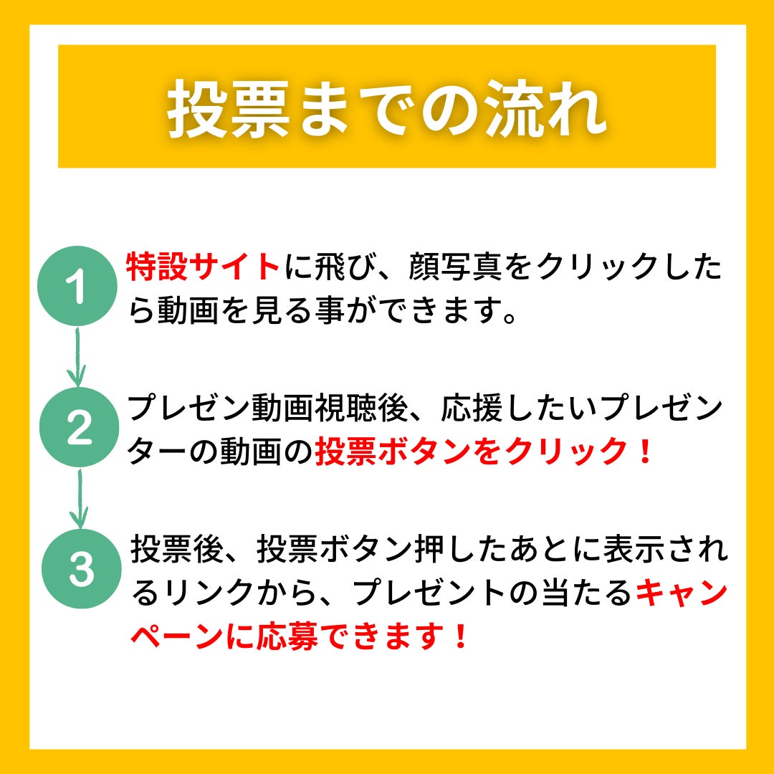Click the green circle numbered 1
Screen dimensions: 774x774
click(x=77, y=286)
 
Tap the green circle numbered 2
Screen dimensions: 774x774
click(x=79, y=427)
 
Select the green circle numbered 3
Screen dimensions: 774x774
click(x=82, y=568)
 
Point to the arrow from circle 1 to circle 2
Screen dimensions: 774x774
click(x=77, y=357)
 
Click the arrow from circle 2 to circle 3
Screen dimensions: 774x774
click(x=79, y=499)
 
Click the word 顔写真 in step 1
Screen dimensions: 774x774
click(x=456, y=267)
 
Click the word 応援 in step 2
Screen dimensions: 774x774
click(x=472, y=408)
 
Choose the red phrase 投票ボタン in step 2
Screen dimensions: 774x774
click(x=393, y=451)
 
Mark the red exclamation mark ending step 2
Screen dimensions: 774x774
click(x=645, y=451)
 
